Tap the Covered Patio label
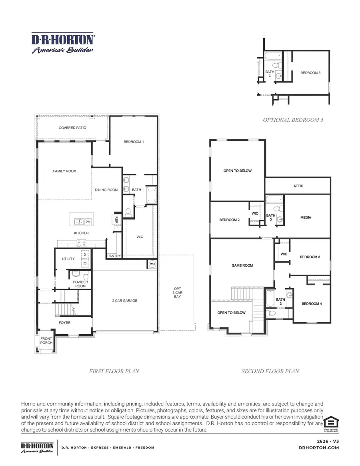(x=72, y=128)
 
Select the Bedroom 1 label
(x=134, y=142)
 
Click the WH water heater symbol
(x=152, y=264)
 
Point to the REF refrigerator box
(x=114, y=219)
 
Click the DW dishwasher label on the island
(x=88, y=221)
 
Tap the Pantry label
(x=114, y=256)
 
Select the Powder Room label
(x=80, y=284)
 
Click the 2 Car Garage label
(x=124, y=300)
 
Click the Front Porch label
(x=46, y=340)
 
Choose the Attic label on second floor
(x=298, y=186)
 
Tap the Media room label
(x=306, y=217)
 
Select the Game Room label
(x=242, y=265)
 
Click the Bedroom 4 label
(x=311, y=303)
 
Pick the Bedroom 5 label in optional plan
(x=310, y=73)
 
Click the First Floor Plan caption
(x=114, y=371)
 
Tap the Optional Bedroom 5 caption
(x=293, y=120)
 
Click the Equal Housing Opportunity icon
(x=331, y=424)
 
